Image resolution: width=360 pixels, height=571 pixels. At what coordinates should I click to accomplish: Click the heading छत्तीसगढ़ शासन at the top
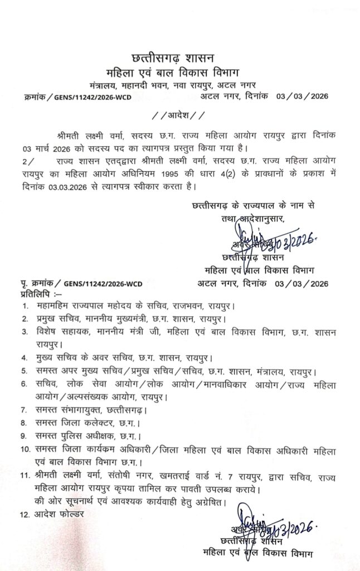179,57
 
